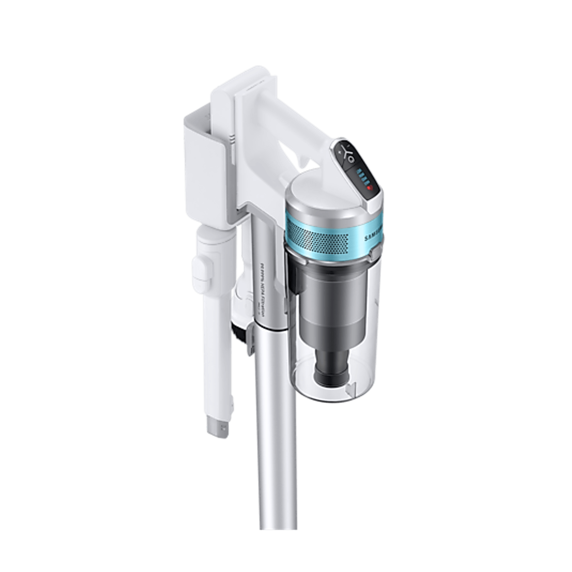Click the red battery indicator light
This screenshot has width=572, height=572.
(369, 187)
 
